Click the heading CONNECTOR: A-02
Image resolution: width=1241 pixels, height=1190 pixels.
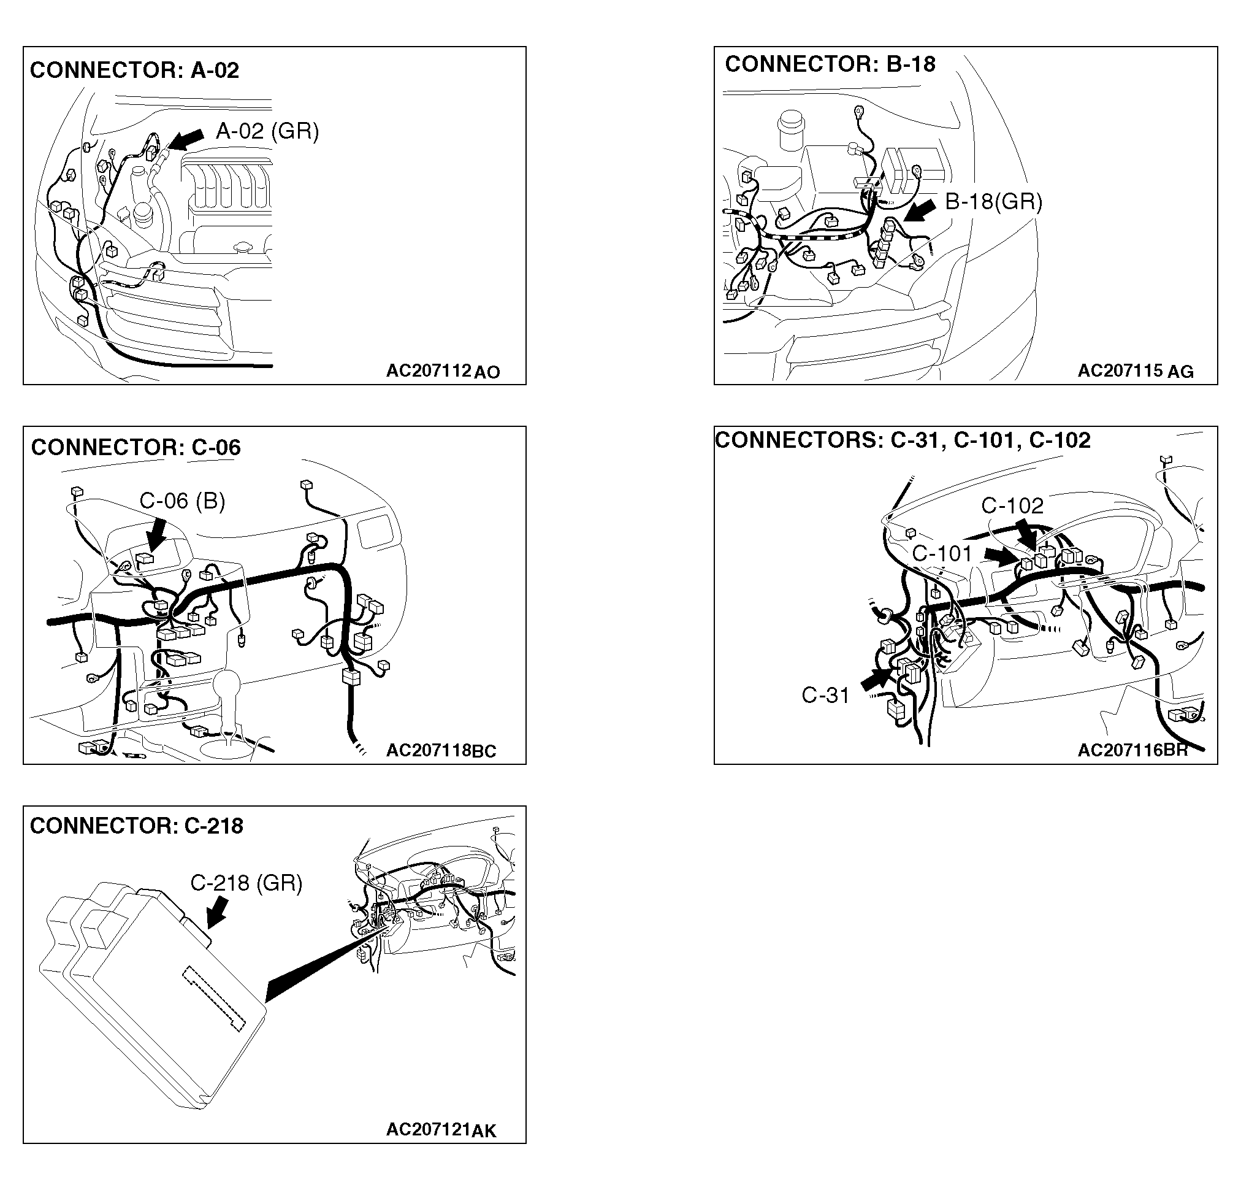[x=134, y=71]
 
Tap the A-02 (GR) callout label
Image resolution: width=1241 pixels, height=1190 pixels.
[x=267, y=132]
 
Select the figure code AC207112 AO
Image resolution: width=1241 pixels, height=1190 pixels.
[x=443, y=371]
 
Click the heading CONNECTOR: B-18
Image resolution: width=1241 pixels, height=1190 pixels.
[x=830, y=64]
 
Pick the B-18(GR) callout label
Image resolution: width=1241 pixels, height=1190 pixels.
[x=993, y=202]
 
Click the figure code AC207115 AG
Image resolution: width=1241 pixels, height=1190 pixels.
[x=1136, y=371]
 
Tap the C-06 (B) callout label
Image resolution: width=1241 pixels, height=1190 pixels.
[x=182, y=501]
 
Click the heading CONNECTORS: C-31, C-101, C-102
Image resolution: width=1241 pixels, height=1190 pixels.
[x=903, y=440]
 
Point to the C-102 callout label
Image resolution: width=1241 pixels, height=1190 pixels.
[x=1012, y=505]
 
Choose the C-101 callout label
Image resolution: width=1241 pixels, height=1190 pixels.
[x=942, y=553]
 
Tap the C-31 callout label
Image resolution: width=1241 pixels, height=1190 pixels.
[x=825, y=696]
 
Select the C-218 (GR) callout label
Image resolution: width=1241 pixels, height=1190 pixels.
[x=246, y=883]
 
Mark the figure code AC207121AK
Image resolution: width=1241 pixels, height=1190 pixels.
[x=441, y=1130]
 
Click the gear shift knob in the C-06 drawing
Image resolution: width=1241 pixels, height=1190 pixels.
[x=227, y=685]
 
